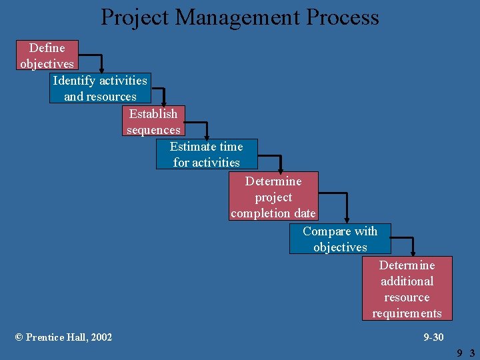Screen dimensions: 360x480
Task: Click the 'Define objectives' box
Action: pyautogui.click(x=47, y=55)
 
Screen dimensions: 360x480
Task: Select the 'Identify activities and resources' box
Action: pyautogui.click(x=100, y=88)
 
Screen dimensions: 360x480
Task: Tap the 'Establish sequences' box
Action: pyautogui.click(x=153, y=121)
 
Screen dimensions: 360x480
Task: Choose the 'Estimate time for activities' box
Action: pyautogui.click(x=207, y=154)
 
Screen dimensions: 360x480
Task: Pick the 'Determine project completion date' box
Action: pyautogui.click(x=273, y=197)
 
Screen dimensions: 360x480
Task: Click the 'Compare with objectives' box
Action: pyautogui.click(x=340, y=239)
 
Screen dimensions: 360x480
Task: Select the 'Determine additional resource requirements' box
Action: pyautogui.click(x=407, y=289)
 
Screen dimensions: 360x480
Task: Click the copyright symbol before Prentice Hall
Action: pyautogui.click(x=19, y=337)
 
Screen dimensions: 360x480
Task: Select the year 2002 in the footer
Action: pyautogui.click(x=101, y=337)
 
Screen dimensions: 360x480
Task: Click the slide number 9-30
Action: pyautogui.click(x=433, y=337)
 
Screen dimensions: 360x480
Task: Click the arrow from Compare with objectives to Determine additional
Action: pyautogui.click(x=412, y=243)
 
